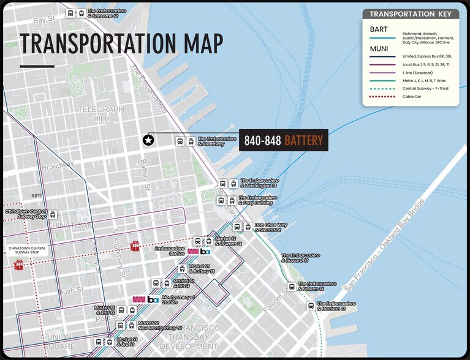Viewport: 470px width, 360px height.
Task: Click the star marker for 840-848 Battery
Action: [x=148, y=141]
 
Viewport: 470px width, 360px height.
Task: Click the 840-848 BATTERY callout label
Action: [x=283, y=141]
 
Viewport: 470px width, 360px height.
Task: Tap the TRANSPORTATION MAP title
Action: [x=121, y=43]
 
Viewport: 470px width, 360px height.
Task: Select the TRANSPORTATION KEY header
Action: [x=411, y=14]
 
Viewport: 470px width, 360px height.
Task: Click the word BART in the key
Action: [x=379, y=29]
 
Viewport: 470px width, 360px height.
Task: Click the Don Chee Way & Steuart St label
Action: [x=271, y=227]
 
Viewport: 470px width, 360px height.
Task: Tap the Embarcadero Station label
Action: [x=170, y=251]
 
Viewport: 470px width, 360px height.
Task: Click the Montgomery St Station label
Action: [x=178, y=299]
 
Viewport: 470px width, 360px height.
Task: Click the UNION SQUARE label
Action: [x=59, y=341]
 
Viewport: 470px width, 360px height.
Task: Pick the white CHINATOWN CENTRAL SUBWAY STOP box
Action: [x=26, y=250]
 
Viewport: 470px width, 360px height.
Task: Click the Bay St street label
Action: [x=44, y=20]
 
